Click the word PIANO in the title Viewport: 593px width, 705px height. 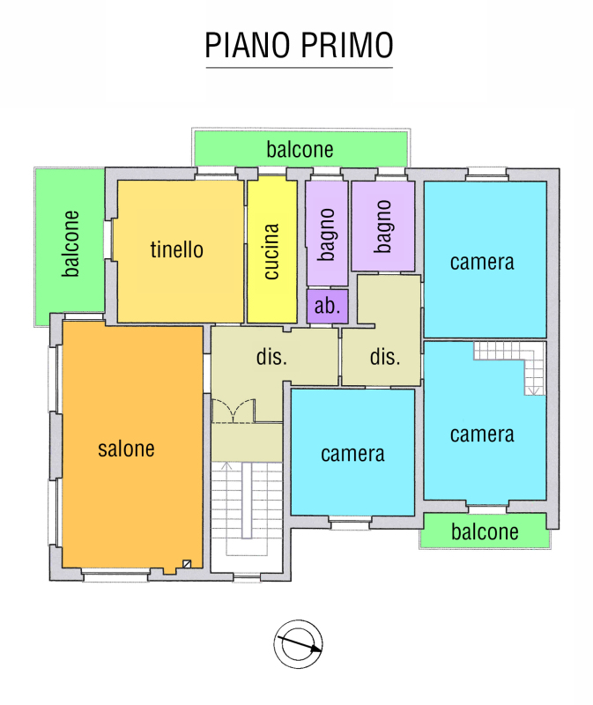(x=248, y=45)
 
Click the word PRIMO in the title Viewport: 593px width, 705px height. (x=345, y=45)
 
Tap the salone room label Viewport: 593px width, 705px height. (x=126, y=449)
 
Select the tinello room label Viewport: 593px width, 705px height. (x=176, y=249)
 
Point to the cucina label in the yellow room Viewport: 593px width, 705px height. (x=272, y=252)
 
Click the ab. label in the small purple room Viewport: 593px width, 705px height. (x=327, y=307)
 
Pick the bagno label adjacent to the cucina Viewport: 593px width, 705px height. (x=327, y=234)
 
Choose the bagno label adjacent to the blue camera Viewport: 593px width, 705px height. (x=382, y=226)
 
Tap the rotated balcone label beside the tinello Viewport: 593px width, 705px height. (x=71, y=243)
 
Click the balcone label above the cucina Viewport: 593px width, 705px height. (x=300, y=150)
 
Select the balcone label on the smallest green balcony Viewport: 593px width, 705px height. (x=485, y=532)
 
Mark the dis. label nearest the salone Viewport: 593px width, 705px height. (x=272, y=357)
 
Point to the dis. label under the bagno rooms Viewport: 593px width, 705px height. (x=385, y=357)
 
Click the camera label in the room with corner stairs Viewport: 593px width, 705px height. (x=482, y=434)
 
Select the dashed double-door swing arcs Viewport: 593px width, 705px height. (x=233, y=411)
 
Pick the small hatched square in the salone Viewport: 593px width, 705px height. (x=186, y=564)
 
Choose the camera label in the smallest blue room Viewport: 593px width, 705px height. (x=352, y=454)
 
